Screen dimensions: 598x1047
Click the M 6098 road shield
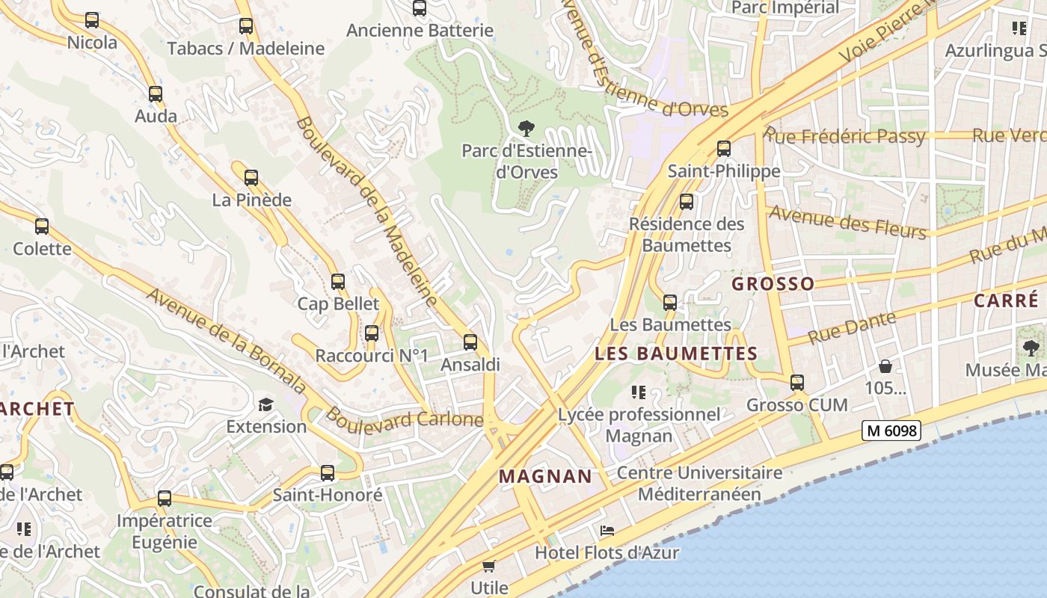point(891,431)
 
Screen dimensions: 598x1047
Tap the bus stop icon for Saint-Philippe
point(723,148)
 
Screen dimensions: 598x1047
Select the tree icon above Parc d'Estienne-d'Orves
point(526,128)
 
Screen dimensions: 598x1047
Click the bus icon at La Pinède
point(251,178)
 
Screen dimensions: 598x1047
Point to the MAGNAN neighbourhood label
point(545,476)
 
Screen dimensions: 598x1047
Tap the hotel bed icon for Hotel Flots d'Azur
point(607,531)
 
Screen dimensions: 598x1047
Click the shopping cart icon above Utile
point(489,566)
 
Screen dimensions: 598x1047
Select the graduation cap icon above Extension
point(266,404)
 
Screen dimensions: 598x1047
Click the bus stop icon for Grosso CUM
point(797,383)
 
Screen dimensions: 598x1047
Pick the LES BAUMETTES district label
point(676,354)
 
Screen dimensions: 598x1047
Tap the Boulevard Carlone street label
point(404,419)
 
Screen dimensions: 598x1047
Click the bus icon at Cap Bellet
point(338,282)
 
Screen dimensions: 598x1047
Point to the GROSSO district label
point(773,284)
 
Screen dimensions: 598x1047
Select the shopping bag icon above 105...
point(885,366)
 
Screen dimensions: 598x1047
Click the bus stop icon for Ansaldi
point(470,342)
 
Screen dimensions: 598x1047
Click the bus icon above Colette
point(42,226)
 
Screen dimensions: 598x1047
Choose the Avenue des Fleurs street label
point(848,221)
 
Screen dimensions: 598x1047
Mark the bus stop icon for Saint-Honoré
point(328,472)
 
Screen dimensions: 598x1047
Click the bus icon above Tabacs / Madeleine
point(246,26)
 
